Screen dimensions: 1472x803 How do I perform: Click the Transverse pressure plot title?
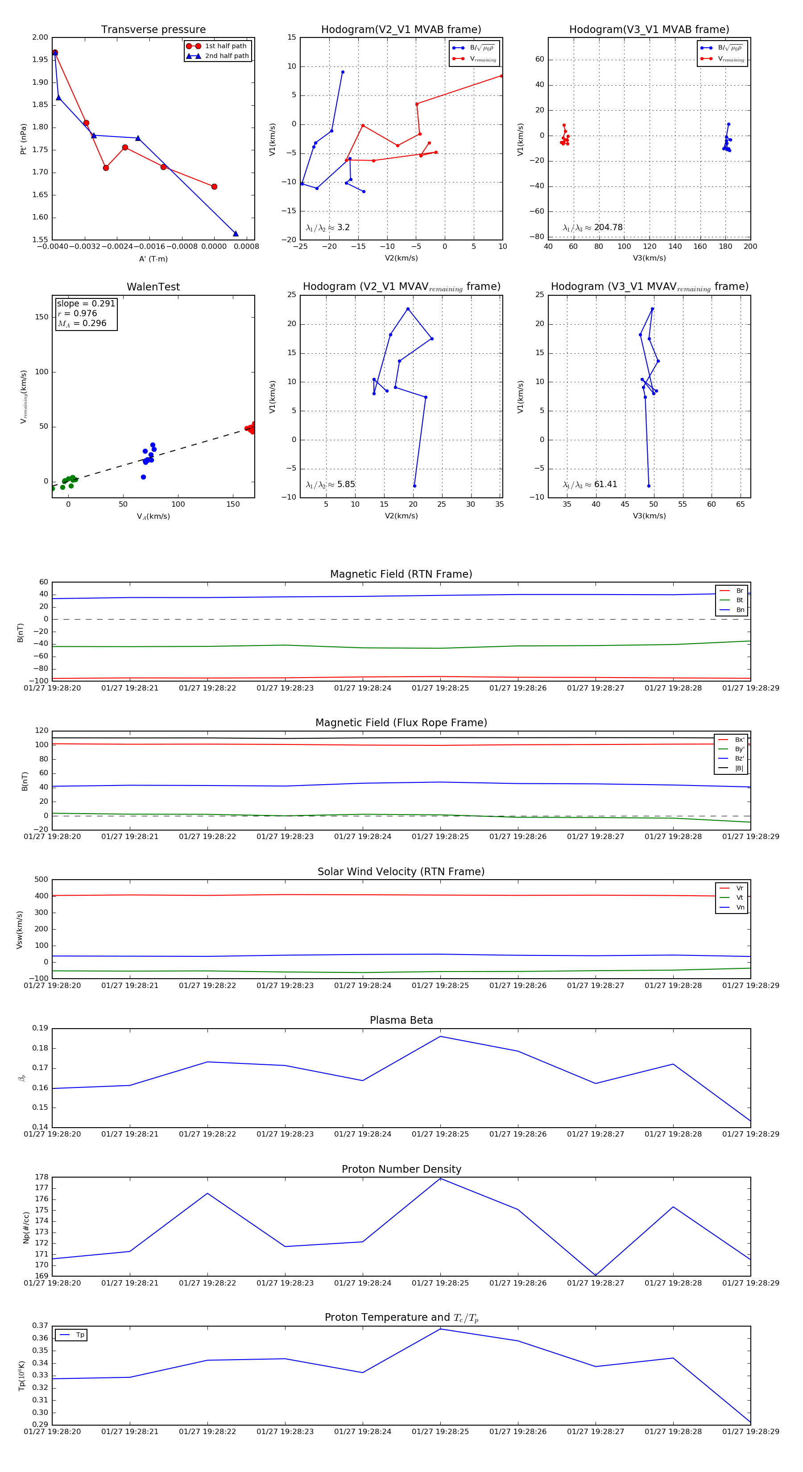point(153,30)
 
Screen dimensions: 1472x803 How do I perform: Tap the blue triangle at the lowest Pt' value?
point(236,234)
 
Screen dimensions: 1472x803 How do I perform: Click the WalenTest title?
point(153,287)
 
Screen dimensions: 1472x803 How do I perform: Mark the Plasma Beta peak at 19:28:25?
point(440,1037)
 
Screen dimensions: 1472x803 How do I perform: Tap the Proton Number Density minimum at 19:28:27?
point(596,1275)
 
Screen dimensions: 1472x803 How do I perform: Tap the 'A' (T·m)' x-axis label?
point(153,259)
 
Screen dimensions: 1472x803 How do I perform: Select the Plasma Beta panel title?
point(401,1021)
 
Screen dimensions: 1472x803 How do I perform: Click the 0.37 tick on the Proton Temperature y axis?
point(40,1326)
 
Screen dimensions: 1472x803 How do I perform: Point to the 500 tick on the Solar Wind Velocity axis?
point(41,880)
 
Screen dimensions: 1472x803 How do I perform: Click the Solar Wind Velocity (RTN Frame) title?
point(401,872)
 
